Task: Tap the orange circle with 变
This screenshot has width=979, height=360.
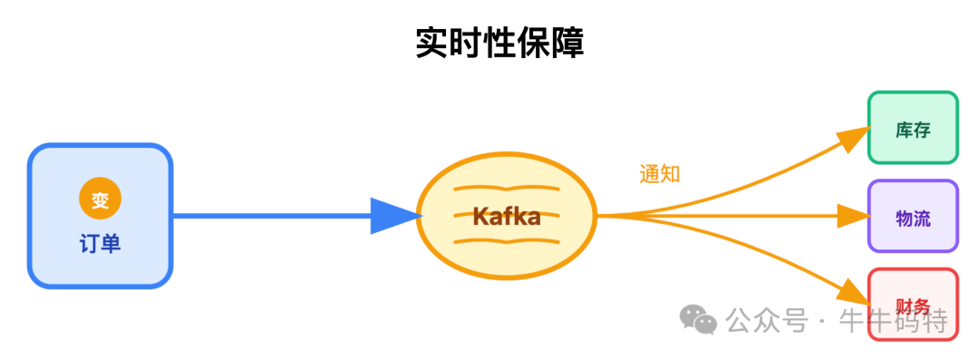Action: tap(100, 199)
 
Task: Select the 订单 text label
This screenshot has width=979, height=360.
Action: tap(100, 243)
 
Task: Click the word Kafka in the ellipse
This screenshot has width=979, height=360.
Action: tap(506, 217)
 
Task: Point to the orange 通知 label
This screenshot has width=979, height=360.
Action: tap(659, 174)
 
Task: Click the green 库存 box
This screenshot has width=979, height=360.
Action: tap(913, 128)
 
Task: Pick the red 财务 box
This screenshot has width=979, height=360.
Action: tap(913, 304)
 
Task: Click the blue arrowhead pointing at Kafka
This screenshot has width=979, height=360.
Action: tap(396, 216)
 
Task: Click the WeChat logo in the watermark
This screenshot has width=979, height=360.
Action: tap(699, 318)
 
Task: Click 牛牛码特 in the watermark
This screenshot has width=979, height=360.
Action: tap(893, 320)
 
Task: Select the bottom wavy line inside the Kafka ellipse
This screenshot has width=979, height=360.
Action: tap(506, 242)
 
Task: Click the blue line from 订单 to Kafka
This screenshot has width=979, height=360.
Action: tap(272, 216)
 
